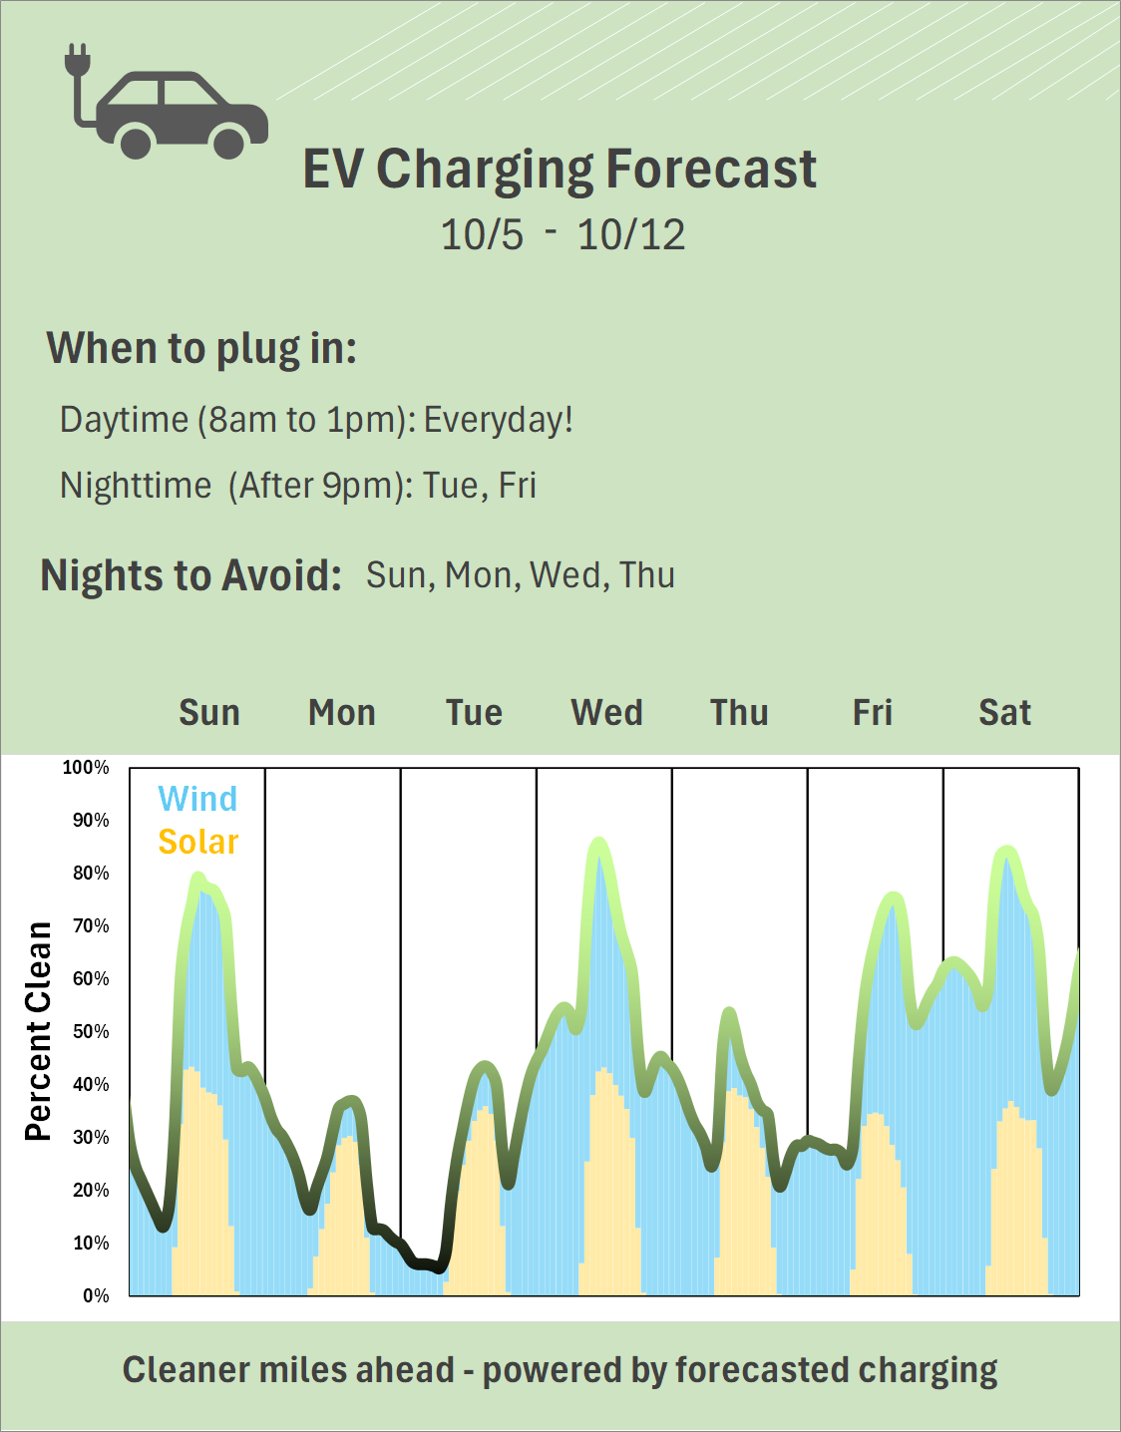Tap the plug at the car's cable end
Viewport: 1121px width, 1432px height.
click(77, 60)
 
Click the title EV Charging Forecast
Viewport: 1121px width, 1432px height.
click(560, 169)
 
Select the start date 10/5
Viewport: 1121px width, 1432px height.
click(482, 235)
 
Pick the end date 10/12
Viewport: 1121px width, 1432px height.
click(631, 235)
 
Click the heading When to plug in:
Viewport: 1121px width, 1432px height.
click(201, 349)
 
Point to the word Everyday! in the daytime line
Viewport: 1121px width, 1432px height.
click(499, 420)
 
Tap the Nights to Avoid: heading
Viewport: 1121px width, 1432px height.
click(190, 575)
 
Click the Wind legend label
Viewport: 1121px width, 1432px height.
click(197, 799)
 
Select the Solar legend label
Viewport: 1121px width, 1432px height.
click(197, 842)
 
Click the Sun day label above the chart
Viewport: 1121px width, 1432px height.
click(209, 713)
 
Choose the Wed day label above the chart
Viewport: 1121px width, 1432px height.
click(606, 713)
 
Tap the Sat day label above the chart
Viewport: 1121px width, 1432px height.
click(1004, 713)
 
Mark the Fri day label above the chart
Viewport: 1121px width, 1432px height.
click(872, 713)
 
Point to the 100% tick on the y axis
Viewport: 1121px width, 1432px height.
click(86, 768)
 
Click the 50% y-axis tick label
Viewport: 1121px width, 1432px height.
click(90, 1031)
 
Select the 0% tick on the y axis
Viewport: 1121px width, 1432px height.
click(96, 1295)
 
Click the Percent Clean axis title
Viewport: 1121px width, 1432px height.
click(38, 1031)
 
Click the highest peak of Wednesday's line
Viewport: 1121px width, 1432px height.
click(598, 844)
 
